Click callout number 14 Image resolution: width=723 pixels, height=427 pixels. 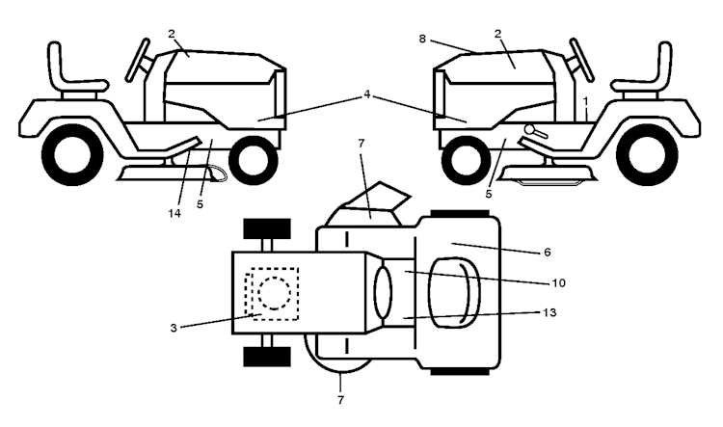point(174,214)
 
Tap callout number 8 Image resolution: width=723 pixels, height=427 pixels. point(422,39)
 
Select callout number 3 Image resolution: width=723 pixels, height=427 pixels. point(174,329)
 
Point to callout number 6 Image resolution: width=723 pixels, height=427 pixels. point(548,253)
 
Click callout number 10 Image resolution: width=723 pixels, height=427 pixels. point(558,282)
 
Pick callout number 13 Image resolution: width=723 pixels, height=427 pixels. point(549,312)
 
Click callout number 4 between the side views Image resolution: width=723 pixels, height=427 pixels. point(367,94)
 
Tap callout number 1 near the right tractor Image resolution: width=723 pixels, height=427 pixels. point(585,100)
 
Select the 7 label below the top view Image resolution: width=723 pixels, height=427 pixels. point(340,400)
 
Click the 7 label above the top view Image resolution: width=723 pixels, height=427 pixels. point(361,144)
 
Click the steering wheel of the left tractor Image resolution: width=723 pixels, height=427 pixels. point(138,61)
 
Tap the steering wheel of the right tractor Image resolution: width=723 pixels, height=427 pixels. point(582,61)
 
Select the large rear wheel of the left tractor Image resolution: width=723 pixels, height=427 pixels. point(72,155)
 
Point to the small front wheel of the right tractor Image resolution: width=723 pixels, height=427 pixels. point(466,160)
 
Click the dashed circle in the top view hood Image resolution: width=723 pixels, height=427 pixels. point(275,293)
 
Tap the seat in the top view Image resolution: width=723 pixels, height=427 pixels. point(454,293)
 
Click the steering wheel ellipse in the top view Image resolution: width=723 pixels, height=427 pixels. point(383,293)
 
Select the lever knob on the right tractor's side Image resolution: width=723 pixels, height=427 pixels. point(530,130)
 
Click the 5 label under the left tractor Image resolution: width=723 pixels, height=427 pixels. point(200,204)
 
